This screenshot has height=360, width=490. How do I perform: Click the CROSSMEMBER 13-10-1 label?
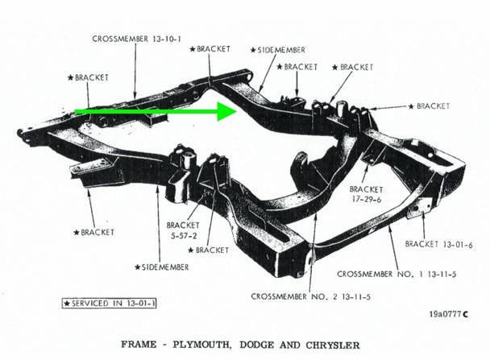click(x=136, y=39)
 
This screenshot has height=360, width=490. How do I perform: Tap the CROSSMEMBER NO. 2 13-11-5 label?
click(x=311, y=296)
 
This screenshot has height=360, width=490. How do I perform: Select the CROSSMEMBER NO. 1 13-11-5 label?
click(x=397, y=274)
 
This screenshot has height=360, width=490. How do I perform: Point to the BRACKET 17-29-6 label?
click(x=366, y=194)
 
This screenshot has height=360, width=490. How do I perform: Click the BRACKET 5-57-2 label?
click(x=183, y=230)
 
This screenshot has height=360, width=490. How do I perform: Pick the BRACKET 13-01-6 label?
click(x=438, y=244)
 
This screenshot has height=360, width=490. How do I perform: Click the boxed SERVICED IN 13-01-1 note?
click(x=109, y=303)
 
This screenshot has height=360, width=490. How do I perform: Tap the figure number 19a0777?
click(x=446, y=314)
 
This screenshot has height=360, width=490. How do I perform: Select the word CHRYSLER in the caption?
click(x=333, y=345)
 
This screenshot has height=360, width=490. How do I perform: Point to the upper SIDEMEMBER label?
click(x=278, y=50)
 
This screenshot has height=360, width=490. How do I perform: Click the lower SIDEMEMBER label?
click(x=162, y=267)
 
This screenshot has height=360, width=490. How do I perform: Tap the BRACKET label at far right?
click(x=430, y=106)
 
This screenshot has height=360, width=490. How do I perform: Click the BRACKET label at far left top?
click(x=88, y=77)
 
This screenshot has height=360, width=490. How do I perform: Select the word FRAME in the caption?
click(x=139, y=345)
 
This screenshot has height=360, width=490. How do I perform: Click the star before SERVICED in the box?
click(x=67, y=303)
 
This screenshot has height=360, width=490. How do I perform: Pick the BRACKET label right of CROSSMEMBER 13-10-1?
click(x=210, y=49)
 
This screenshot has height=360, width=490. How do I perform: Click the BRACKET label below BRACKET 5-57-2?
click(x=209, y=250)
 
